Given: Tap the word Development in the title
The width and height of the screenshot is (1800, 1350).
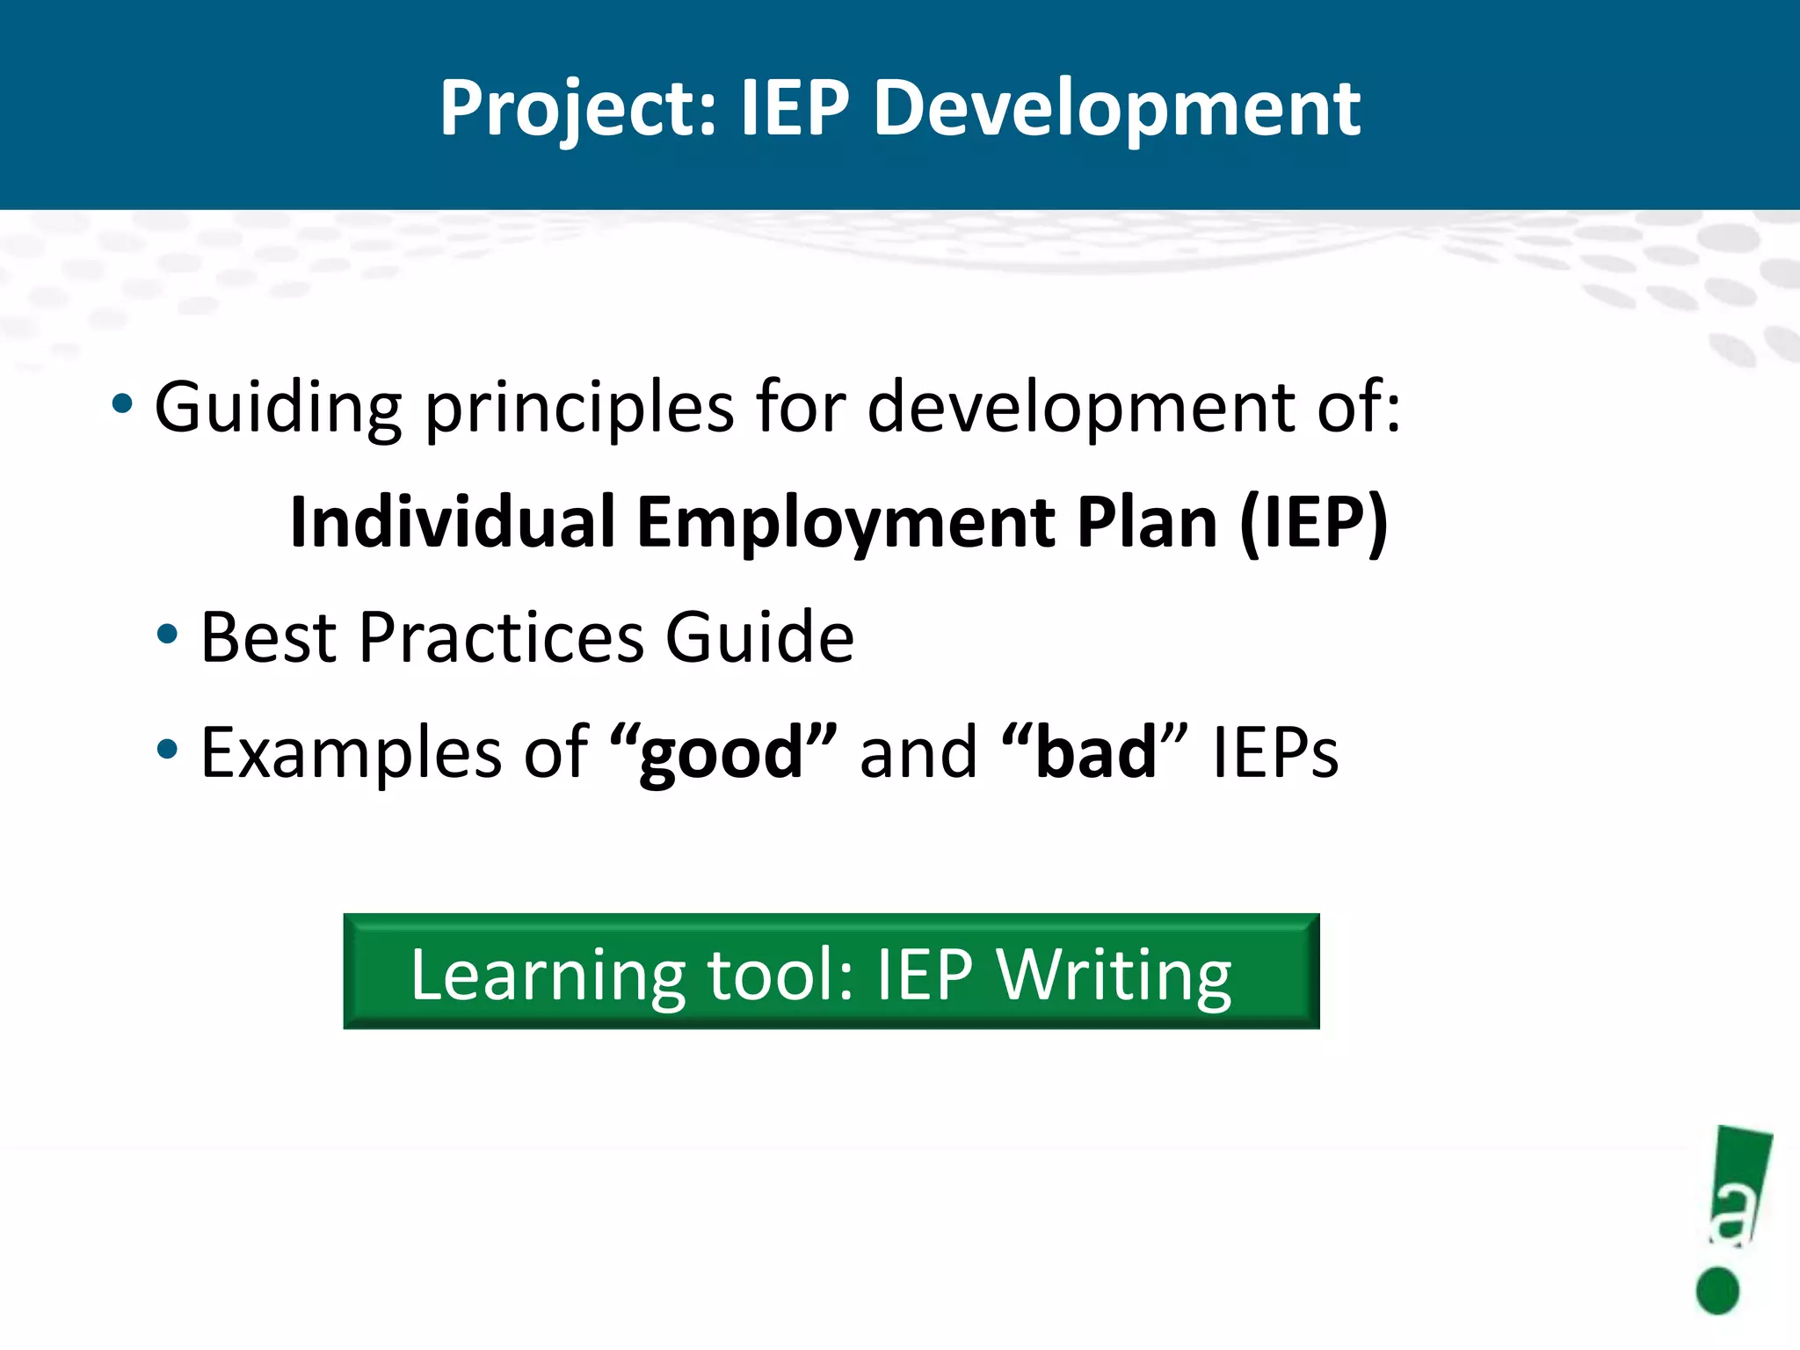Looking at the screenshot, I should (1116, 110).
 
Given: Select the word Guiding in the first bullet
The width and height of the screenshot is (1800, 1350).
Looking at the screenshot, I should (278, 409).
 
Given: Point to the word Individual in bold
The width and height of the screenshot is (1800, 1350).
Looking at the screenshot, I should (452, 522).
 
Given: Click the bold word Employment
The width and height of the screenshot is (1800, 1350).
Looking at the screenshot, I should (844, 522).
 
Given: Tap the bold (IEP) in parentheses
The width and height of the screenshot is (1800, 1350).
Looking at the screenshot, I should (1313, 522).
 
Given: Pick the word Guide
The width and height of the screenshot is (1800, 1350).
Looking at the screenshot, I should (759, 637).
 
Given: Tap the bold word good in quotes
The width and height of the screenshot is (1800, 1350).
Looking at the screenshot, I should (721, 753).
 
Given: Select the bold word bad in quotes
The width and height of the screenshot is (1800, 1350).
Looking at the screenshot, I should (1095, 753).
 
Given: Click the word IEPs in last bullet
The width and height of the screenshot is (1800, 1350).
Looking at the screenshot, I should (1274, 753).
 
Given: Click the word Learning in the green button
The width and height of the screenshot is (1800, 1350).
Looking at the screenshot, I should (547, 976).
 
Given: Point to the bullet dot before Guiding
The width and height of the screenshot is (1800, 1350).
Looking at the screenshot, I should (122, 405).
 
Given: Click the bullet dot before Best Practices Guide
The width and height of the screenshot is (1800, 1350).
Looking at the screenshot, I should (167, 635).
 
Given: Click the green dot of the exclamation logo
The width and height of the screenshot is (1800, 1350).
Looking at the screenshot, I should (1717, 1291).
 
